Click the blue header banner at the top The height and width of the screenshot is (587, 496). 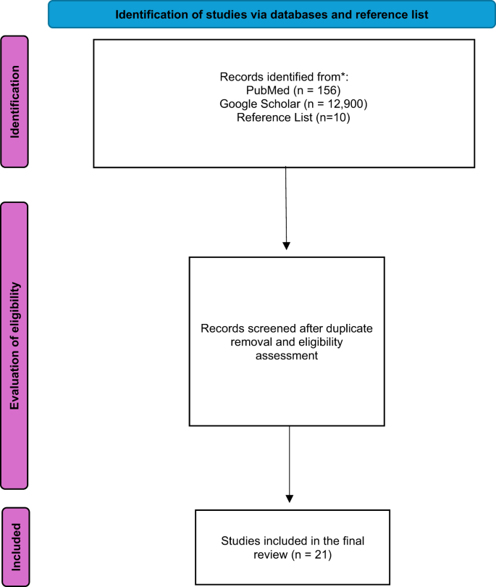tap(272, 14)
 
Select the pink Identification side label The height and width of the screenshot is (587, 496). tap(14, 101)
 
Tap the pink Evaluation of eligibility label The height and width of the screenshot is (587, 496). tap(14, 346)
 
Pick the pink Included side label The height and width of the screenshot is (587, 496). tap(16, 546)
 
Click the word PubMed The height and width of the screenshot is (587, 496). tap(268, 90)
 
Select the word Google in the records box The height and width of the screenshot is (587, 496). tap(238, 104)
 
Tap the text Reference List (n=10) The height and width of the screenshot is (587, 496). tap(293, 117)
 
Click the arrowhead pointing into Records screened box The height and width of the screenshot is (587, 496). tap(287, 246)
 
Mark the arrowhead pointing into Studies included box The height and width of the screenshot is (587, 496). tap(289, 499)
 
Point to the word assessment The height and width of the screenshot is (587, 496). tap(287, 355)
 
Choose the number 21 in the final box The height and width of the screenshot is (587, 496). tap(321, 554)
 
